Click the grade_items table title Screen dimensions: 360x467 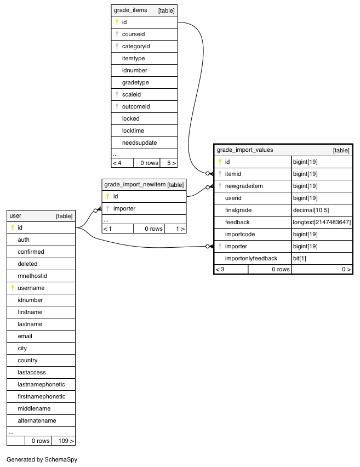pos(130,10)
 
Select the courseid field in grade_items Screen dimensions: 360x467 pos(133,34)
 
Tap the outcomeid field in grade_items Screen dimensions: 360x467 pos(136,107)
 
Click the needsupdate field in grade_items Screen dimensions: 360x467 pos(139,143)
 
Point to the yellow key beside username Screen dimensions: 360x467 pos(13,288)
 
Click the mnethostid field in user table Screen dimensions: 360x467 pos(32,276)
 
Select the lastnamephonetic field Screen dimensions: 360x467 pos(41,384)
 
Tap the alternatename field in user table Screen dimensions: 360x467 pos(37,420)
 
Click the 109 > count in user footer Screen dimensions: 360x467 pos(66,441)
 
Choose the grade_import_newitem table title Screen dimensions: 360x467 pos(135,185)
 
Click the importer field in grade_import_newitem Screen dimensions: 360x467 pos(124,208)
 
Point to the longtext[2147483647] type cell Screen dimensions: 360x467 pos(322,222)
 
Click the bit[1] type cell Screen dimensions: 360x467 pos(300,259)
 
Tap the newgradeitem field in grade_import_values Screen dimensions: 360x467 pos(244,186)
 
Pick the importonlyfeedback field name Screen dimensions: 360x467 pos(251,259)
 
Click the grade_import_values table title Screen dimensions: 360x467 pos(245,150)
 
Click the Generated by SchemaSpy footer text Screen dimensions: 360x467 pos(42,459)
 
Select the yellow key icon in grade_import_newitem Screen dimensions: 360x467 pos(107,197)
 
